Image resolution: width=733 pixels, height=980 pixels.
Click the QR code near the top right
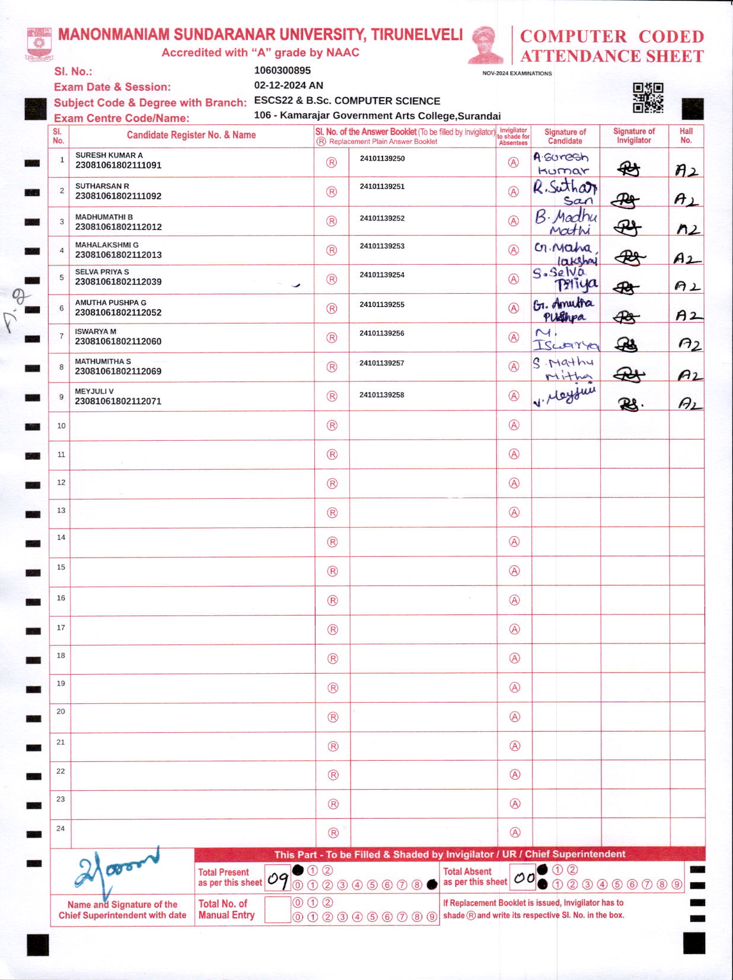click(x=648, y=97)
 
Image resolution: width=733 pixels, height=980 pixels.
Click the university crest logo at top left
click(x=40, y=44)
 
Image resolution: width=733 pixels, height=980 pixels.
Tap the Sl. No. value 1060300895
click(x=282, y=71)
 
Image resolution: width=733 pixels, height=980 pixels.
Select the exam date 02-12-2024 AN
click(x=288, y=85)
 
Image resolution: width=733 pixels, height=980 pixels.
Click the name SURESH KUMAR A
click(x=109, y=155)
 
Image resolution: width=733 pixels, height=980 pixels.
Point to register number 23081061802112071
click(x=118, y=401)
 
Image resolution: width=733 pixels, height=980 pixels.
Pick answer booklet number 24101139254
click(x=382, y=275)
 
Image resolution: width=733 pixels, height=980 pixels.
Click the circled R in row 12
click(x=332, y=483)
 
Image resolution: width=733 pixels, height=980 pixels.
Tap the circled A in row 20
click(x=515, y=717)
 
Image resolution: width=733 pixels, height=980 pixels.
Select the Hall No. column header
click(x=686, y=136)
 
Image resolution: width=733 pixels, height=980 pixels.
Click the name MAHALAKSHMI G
click(x=107, y=245)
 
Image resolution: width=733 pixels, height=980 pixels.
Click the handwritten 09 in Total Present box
click(x=278, y=878)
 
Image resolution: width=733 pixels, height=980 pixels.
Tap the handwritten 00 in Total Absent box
click(x=524, y=877)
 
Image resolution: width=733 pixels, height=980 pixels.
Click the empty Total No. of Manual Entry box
click(x=277, y=909)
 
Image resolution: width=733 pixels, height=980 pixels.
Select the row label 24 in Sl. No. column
click(x=60, y=828)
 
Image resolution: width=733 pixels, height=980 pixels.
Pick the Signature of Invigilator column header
click(x=634, y=136)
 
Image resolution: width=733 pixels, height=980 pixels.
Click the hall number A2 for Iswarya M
click(x=689, y=345)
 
